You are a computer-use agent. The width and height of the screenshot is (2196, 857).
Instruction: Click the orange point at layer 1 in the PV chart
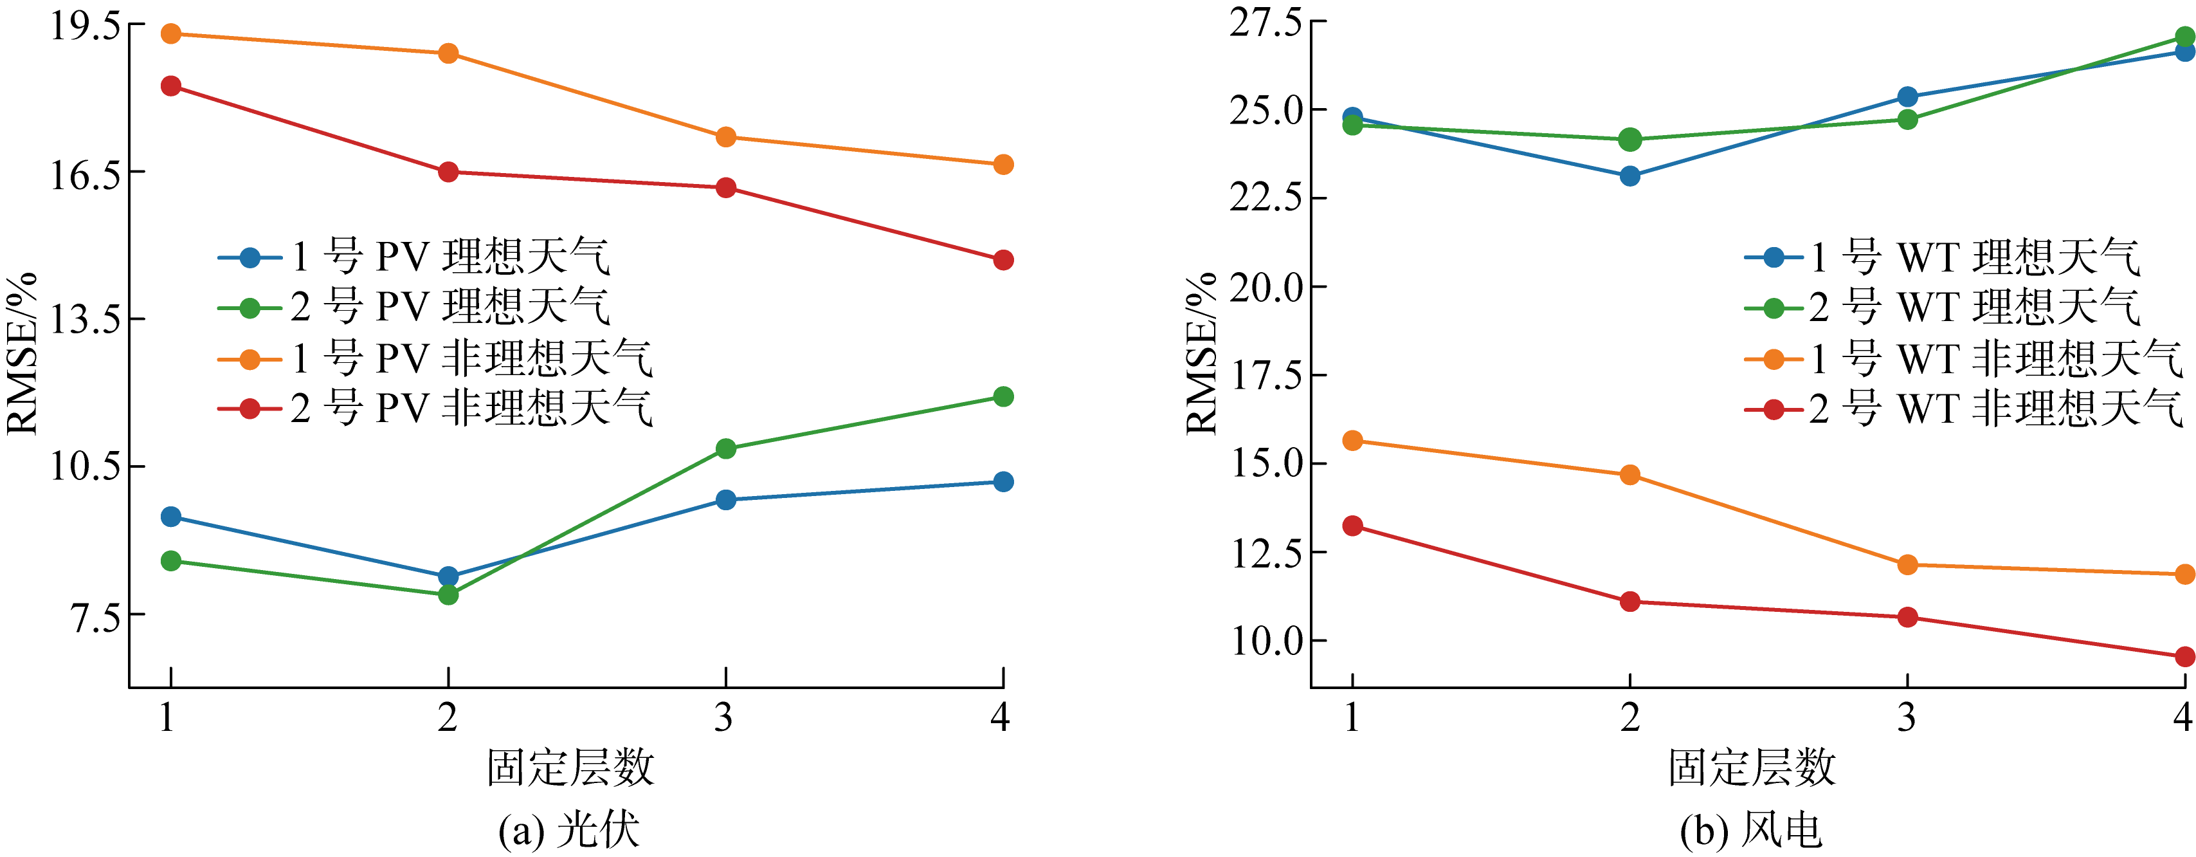[171, 34]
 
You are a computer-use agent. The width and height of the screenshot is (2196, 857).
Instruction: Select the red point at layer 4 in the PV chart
[1003, 260]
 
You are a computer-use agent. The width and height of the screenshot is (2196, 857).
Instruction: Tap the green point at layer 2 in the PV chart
[448, 595]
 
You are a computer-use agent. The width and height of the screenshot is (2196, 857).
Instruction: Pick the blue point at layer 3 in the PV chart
[725, 500]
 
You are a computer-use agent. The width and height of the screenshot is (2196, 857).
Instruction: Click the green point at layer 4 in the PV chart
[1003, 396]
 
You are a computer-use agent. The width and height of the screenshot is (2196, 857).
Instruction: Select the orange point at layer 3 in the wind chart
[1908, 564]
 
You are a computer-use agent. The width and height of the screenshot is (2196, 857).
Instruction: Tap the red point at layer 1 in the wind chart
[1353, 525]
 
